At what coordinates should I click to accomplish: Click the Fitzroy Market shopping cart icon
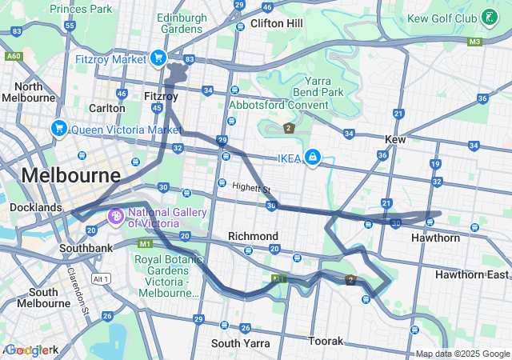[x=158, y=58]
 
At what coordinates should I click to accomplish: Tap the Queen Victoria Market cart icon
[x=58, y=128]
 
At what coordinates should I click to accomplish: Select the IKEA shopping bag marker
[x=314, y=158]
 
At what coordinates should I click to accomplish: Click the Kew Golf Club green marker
[x=488, y=17]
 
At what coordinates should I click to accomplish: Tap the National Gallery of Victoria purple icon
[x=115, y=216]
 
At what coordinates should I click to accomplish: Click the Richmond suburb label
[x=253, y=236]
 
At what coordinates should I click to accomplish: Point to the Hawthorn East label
[x=472, y=274]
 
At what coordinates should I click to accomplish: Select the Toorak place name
[x=326, y=341]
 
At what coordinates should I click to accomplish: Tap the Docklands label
[x=35, y=207]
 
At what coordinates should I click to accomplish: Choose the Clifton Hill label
[x=276, y=23]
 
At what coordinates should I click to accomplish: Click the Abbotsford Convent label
[x=268, y=104]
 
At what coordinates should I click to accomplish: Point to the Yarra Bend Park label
[x=324, y=86]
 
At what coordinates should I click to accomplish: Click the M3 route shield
[x=475, y=41]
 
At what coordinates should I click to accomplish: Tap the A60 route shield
[x=13, y=56]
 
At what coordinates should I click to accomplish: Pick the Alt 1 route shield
[x=100, y=278]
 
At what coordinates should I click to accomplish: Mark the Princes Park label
[x=81, y=9]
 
